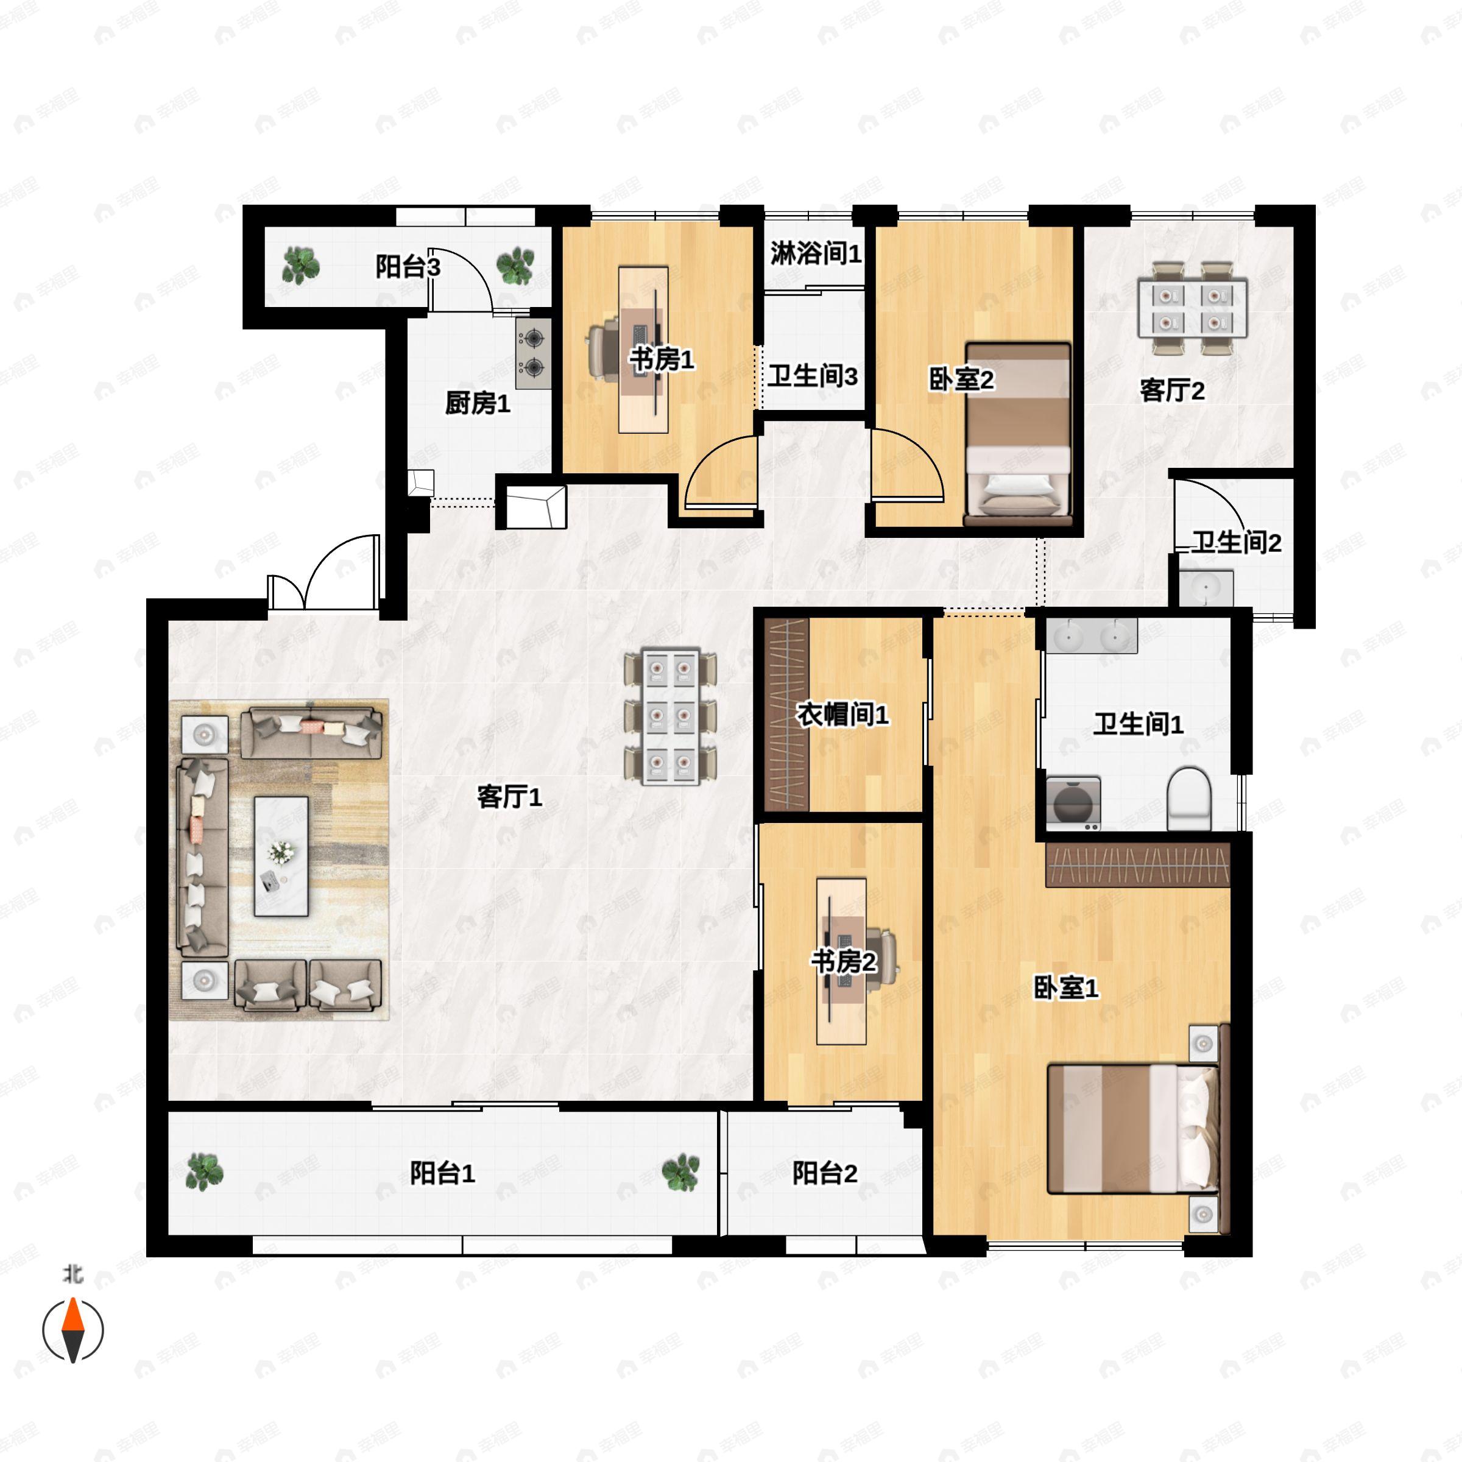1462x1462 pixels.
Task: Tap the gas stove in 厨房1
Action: [534, 353]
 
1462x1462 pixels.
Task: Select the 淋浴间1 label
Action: [816, 253]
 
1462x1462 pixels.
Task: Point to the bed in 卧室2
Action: [1019, 433]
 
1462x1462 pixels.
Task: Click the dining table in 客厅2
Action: [1193, 308]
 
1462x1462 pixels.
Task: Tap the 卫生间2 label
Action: [1237, 543]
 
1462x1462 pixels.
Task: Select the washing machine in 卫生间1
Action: [1073, 802]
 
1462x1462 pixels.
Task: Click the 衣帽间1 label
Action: [842, 715]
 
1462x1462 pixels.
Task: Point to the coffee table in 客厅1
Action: [281, 856]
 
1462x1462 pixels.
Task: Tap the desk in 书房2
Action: [841, 961]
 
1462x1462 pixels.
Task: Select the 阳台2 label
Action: [825, 1174]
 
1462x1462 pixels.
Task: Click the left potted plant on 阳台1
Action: [204, 1171]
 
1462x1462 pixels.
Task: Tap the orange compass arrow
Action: [72, 1315]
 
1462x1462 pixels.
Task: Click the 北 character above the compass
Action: [72, 1274]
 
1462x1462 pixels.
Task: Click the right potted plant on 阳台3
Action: [515, 266]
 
